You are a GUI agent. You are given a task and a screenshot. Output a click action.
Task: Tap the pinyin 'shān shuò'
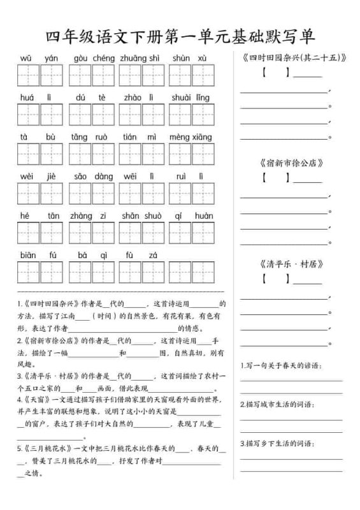click(141, 215)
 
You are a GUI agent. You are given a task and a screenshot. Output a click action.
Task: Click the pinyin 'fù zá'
click(141, 255)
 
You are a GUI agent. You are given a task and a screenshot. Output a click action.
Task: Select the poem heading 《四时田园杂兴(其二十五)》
click(294, 58)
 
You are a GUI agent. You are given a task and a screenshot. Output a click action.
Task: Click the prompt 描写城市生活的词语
click(277, 404)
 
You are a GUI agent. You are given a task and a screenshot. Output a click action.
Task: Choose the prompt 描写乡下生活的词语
click(277, 443)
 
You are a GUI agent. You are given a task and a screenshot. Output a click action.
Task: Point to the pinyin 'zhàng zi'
click(88, 215)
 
